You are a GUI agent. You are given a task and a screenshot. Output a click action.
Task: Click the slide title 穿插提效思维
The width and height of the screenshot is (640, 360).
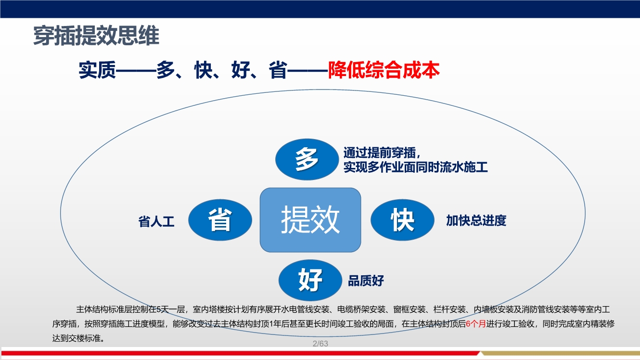pyautogui.click(x=96, y=37)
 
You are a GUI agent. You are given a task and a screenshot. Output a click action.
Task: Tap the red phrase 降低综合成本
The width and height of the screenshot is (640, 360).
pyautogui.click(x=384, y=71)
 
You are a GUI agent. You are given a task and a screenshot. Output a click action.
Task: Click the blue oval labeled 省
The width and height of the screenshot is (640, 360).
pyautogui.click(x=220, y=220)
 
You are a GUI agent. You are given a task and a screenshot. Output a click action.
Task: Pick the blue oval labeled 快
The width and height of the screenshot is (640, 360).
pyautogui.click(x=402, y=220)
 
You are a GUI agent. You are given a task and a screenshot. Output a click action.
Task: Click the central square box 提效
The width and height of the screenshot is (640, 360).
pyautogui.click(x=310, y=220)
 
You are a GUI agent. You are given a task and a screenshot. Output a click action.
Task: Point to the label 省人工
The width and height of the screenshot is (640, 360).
pyautogui.click(x=156, y=222)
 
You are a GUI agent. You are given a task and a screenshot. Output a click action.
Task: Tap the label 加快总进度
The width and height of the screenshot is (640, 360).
pyautogui.click(x=476, y=221)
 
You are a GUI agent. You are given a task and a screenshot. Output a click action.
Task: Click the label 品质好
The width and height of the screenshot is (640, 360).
pyautogui.click(x=366, y=281)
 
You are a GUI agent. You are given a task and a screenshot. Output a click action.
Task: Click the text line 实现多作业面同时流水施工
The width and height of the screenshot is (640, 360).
pyautogui.click(x=415, y=167)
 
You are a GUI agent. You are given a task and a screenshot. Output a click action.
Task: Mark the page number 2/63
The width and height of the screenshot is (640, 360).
pyautogui.click(x=320, y=344)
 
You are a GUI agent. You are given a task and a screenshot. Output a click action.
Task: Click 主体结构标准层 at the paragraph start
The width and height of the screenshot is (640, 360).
pyautogui.click(x=101, y=309)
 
